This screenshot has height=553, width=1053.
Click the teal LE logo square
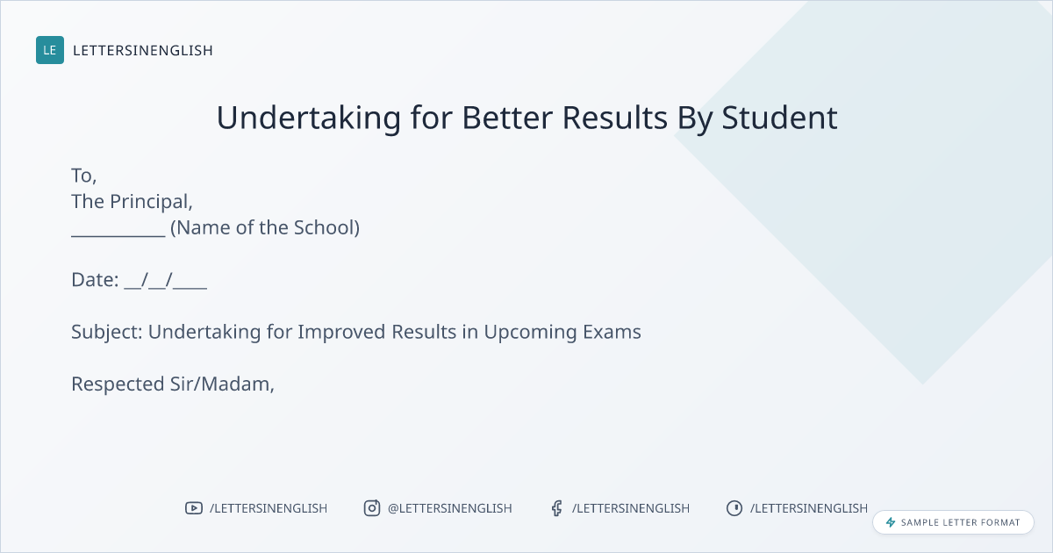click(50, 50)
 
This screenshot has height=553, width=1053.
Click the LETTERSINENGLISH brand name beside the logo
click(143, 50)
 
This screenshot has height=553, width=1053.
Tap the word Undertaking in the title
click(308, 118)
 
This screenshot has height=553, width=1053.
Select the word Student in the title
click(779, 118)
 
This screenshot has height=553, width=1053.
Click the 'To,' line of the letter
click(84, 176)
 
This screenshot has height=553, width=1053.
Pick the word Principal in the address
click(151, 202)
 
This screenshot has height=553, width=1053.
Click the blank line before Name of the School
click(118, 236)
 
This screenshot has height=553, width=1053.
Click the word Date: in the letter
click(95, 280)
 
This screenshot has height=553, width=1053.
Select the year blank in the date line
click(190, 288)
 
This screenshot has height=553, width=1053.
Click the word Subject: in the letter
click(107, 333)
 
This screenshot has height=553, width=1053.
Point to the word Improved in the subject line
click(341, 333)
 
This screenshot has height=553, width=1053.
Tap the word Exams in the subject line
click(612, 332)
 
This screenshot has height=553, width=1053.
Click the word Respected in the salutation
click(118, 384)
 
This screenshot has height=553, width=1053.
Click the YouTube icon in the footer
click(194, 508)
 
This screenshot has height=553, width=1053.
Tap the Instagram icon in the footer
click(372, 508)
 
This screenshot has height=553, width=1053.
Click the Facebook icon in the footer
click(556, 508)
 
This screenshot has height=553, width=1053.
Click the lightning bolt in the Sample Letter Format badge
click(891, 522)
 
